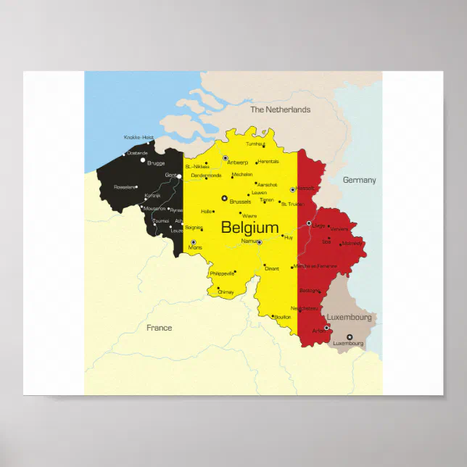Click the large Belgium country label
pos(249,227)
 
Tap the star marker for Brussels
pos(224,197)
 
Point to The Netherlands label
pos(280,110)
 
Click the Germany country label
pos(359,180)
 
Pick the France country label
pos(159,328)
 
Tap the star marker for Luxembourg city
pos(349,336)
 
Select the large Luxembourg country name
pos(349,318)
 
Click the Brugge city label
pos(156,163)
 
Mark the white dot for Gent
pos(179,175)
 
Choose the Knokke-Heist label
pos(139,137)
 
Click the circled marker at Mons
pos(194,242)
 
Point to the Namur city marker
pos(259,241)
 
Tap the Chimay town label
pos(226,292)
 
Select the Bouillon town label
pos(283,316)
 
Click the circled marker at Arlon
pos(326,327)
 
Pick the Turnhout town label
pos(256,144)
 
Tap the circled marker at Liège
pos(309,223)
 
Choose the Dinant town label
pos(272,269)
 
